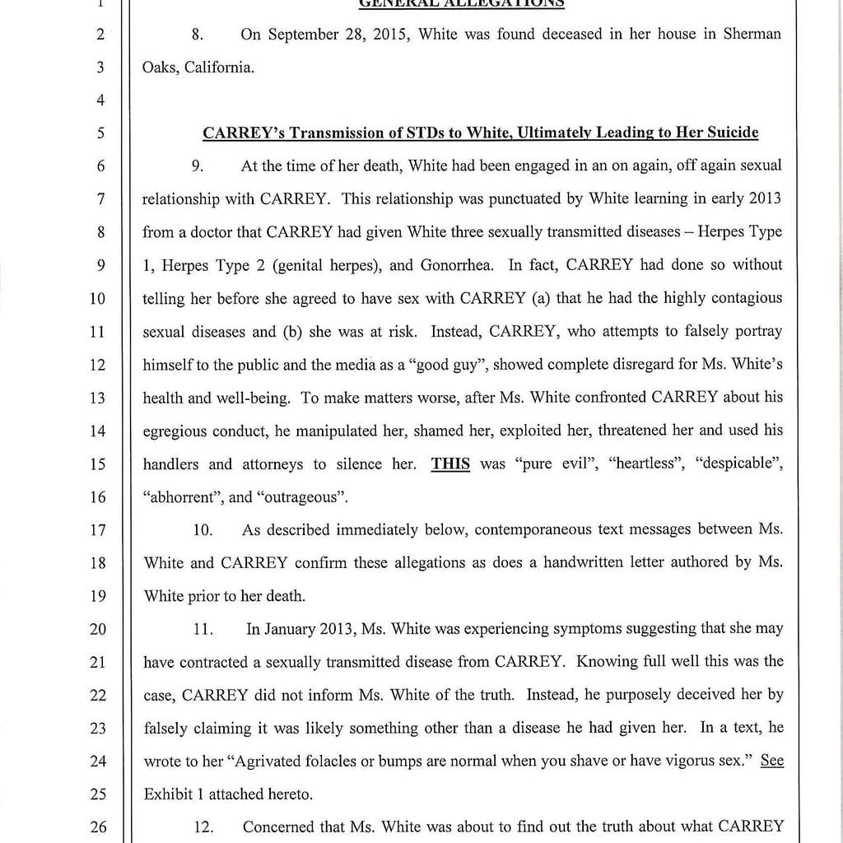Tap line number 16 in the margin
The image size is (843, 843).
tap(98, 497)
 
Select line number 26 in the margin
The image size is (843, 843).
tap(98, 827)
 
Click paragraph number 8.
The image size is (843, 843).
tap(197, 35)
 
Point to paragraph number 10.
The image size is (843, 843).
tap(203, 530)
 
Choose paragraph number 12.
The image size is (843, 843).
tap(203, 827)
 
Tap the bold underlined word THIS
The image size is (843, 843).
tap(450, 463)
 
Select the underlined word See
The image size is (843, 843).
tap(771, 761)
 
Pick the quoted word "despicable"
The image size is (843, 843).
tap(738, 463)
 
